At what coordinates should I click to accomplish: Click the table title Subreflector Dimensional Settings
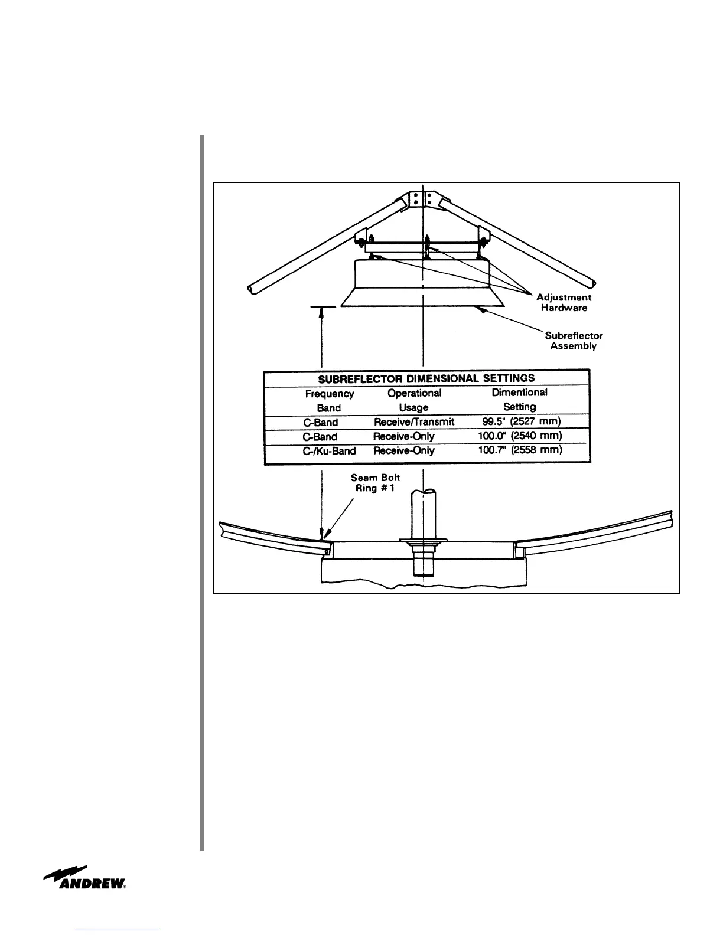(426, 378)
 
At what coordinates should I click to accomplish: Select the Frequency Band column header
(330, 400)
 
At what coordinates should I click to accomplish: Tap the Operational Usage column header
(414, 400)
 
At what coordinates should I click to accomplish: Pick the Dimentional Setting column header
(520, 399)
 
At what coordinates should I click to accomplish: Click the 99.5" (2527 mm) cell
(522, 421)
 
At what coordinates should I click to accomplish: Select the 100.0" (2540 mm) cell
(520, 436)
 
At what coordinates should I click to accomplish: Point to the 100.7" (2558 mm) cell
(520, 450)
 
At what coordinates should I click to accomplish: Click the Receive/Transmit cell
(414, 422)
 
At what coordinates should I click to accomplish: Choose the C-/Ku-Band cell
(329, 451)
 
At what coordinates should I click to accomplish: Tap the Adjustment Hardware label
(564, 303)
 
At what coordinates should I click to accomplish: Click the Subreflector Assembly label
(574, 341)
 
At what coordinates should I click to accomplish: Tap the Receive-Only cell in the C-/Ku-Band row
(404, 451)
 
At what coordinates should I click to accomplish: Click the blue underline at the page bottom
(118, 930)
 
